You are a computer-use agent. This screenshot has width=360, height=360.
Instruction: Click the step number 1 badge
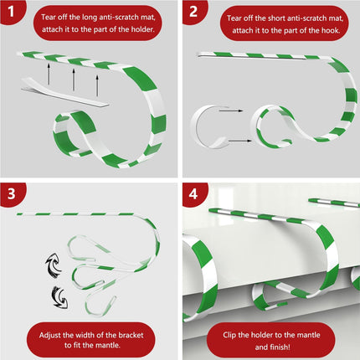pos(11,11)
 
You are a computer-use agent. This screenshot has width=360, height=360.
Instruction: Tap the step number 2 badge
pos(193,11)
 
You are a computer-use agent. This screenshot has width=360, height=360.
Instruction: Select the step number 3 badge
pos(11,193)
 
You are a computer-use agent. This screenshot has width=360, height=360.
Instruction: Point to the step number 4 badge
pos(193,193)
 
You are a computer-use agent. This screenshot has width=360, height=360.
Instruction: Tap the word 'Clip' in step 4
pos(229,335)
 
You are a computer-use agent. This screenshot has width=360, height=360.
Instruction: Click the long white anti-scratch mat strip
pos(64,91)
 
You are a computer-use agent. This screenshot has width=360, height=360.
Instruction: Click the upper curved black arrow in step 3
pos(54,265)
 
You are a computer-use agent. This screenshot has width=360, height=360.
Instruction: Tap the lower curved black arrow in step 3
pos(59,297)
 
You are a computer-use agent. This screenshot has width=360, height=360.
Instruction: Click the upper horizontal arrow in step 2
pos(231,111)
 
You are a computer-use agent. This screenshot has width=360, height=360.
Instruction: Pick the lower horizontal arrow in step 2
pos(239,141)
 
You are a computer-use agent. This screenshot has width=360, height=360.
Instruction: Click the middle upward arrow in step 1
pos(74,80)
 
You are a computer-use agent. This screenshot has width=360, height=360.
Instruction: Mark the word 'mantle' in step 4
pos(308,335)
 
